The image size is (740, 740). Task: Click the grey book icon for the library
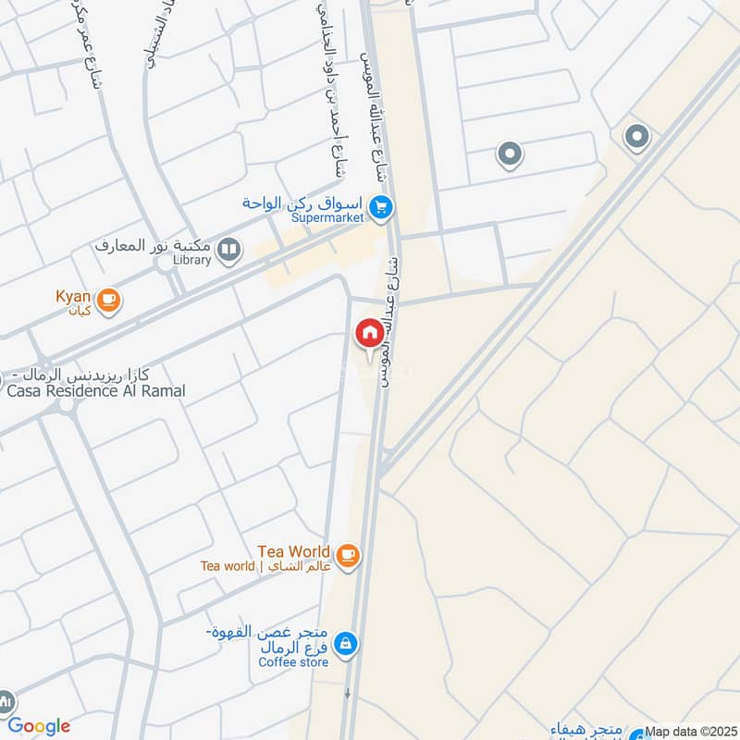tap(228, 248)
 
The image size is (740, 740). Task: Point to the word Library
tap(191, 261)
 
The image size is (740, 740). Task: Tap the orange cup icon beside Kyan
tap(109, 299)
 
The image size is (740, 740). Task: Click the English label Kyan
tap(72, 295)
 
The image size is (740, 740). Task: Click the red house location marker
tap(368, 332)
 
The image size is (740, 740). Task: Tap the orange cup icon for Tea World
tap(348, 554)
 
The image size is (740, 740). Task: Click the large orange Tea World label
tap(294, 551)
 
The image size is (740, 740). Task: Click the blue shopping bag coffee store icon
tap(345, 643)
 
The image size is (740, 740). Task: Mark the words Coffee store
tap(293, 662)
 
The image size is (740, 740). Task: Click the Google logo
tap(39, 726)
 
